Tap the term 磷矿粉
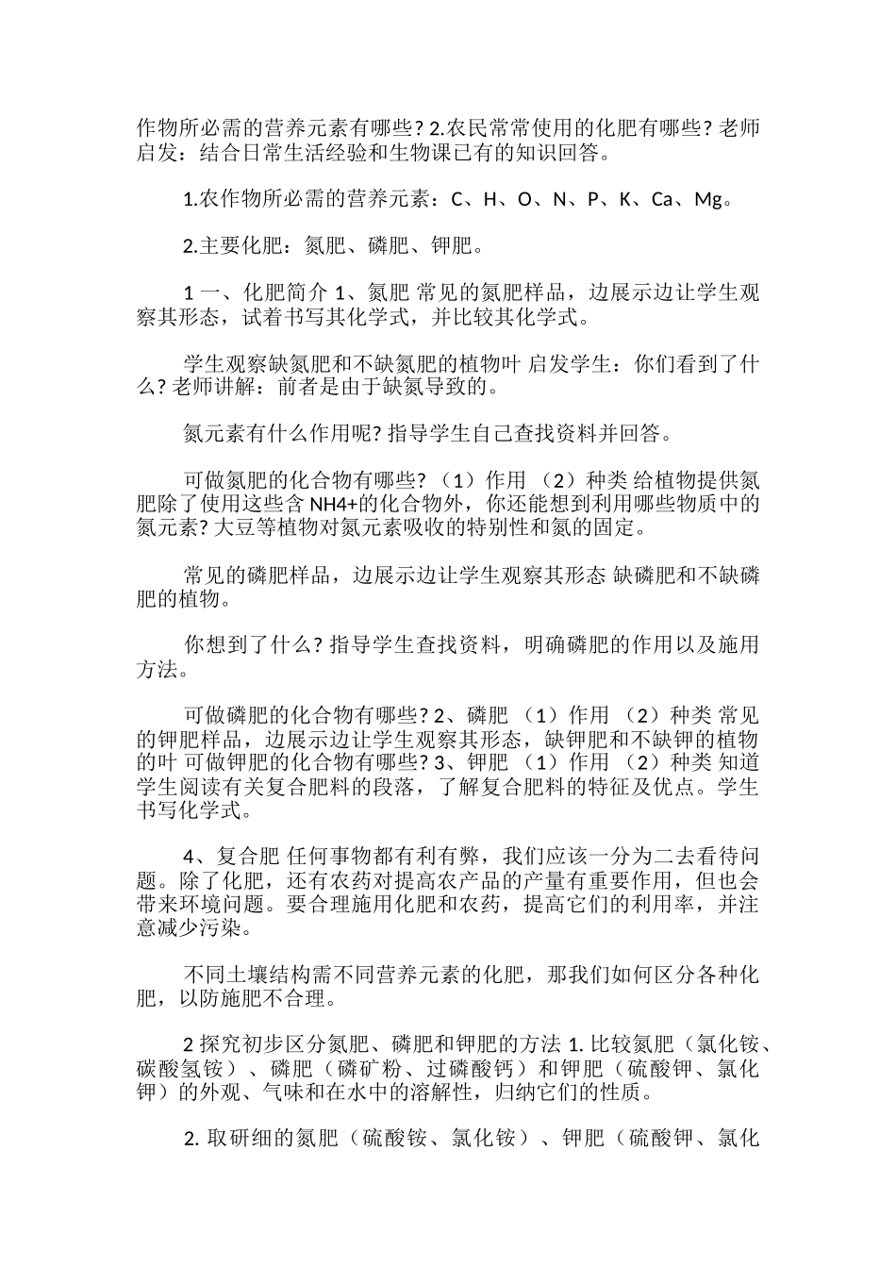point(368,1069)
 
